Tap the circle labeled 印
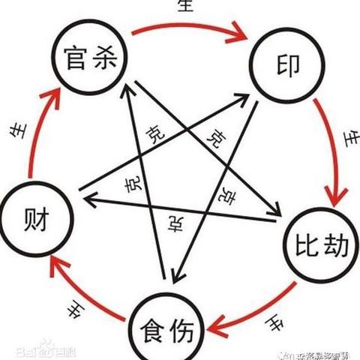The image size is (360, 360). point(283,66)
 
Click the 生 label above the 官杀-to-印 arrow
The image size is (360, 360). point(185,7)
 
